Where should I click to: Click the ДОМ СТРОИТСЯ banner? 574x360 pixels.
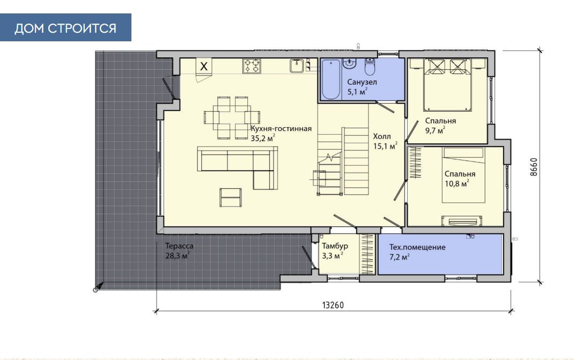pyautogui.click(x=65, y=27)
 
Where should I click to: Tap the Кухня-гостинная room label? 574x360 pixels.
pyautogui.click(x=281, y=129)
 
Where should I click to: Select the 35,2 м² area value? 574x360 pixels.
pyautogui.click(x=263, y=138)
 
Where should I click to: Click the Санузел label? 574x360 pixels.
pyautogui.click(x=362, y=82)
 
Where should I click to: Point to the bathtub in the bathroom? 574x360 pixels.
pyautogui.click(x=331, y=79)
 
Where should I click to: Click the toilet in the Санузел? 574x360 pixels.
pyautogui.click(x=370, y=66)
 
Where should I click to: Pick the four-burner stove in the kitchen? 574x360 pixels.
pyautogui.click(x=252, y=66)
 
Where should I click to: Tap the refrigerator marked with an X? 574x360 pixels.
pyautogui.click(x=204, y=67)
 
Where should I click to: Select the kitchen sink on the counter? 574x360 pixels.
pyautogui.click(x=297, y=66)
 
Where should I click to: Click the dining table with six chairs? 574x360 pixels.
pyautogui.click(x=232, y=117)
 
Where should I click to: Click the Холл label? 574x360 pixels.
pyautogui.click(x=382, y=136)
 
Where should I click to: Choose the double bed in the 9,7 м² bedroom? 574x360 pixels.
pyautogui.click(x=447, y=85)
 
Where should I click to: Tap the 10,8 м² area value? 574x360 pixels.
pyautogui.click(x=457, y=183)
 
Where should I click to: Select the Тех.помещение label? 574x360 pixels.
pyautogui.click(x=417, y=247)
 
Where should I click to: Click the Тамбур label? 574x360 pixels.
pyautogui.click(x=335, y=246)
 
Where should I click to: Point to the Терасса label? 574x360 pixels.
pyautogui.click(x=179, y=246)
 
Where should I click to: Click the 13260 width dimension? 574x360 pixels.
pyautogui.click(x=333, y=305)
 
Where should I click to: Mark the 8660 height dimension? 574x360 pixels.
pyautogui.click(x=534, y=167)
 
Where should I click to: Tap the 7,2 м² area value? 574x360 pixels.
pyautogui.click(x=399, y=257)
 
